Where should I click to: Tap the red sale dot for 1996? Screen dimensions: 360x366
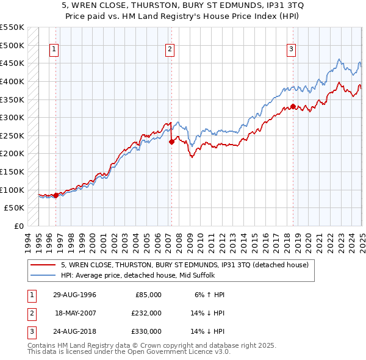coord(56,195)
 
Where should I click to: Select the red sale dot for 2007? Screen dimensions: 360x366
coord(171,142)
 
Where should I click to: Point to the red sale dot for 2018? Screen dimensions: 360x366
coord(293,107)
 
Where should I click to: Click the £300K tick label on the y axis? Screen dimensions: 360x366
coord(12,117)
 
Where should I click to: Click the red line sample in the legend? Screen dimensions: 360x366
coord(43,265)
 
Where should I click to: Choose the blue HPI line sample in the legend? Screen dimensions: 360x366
coord(43,276)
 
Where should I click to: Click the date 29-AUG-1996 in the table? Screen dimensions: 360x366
coord(74,295)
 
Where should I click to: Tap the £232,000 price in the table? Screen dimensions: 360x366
coord(146,313)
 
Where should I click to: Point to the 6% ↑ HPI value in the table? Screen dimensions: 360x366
coord(209,295)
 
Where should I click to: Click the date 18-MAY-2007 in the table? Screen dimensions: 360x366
coord(75,313)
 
